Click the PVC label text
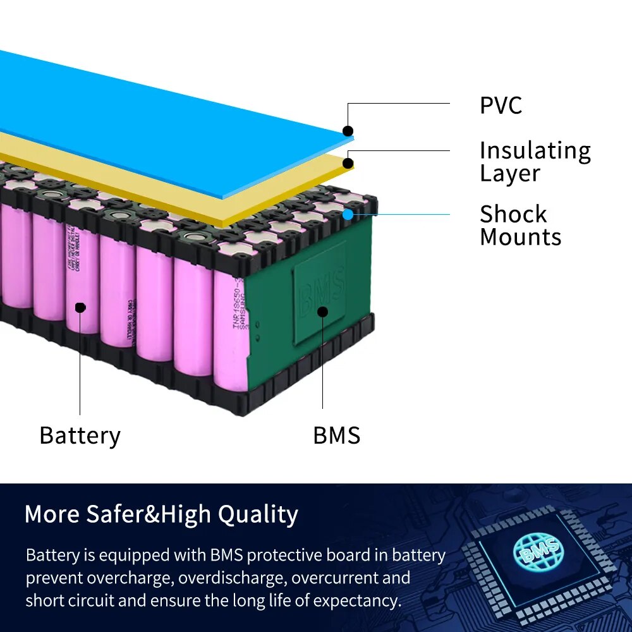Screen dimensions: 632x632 pos(501,105)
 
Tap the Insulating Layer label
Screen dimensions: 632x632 pos(535,162)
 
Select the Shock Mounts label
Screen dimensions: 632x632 pos(520,225)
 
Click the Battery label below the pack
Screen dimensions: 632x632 pos(80,435)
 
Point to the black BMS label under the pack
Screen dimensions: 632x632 pos(336,435)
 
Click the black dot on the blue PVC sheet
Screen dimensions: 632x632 pos(348,131)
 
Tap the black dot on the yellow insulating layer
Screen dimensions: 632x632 pos(348,164)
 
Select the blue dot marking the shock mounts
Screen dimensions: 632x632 pos(348,214)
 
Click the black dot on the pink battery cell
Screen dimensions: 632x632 pos(80,307)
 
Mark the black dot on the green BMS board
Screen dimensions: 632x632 pos(322,311)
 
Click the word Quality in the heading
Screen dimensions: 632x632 pos(258,514)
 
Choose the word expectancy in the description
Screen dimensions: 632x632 pos(356,600)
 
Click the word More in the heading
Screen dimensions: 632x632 pos(51,514)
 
